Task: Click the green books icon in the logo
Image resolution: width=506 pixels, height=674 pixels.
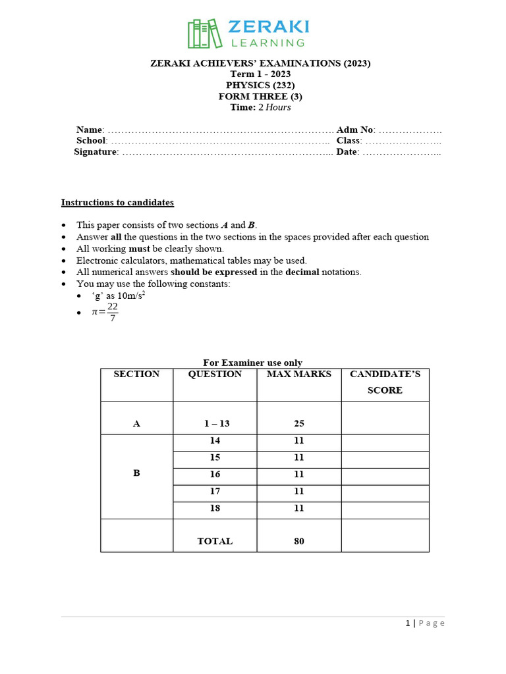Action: tap(205, 34)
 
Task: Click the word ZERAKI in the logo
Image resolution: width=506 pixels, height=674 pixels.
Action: tap(267, 27)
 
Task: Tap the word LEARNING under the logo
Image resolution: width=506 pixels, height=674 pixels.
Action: tap(267, 43)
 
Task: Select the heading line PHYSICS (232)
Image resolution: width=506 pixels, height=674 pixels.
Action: tap(260, 85)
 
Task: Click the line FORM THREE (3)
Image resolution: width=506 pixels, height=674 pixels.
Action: tap(260, 96)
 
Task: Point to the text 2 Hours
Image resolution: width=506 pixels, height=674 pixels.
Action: tap(274, 107)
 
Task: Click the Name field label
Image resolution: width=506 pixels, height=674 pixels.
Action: tap(90, 130)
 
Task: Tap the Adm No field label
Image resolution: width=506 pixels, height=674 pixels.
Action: tap(355, 130)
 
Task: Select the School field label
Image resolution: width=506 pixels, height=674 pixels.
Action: tap(91, 140)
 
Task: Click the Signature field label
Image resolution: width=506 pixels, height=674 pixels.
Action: tap(96, 152)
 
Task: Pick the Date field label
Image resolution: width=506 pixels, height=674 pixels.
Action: tap(347, 152)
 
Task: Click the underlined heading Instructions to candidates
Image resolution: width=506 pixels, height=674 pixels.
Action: tap(117, 203)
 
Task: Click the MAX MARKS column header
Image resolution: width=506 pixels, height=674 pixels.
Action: tap(298, 375)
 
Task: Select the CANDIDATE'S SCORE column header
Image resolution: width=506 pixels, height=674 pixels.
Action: tap(385, 382)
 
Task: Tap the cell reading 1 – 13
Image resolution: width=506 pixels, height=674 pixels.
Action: tap(215, 424)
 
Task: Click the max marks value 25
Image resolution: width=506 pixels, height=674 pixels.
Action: tap(298, 424)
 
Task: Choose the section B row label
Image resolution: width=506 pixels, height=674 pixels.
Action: tap(136, 473)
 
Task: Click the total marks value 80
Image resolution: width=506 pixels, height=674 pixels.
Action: tap(298, 542)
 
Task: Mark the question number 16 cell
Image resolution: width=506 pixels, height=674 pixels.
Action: tap(215, 475)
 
